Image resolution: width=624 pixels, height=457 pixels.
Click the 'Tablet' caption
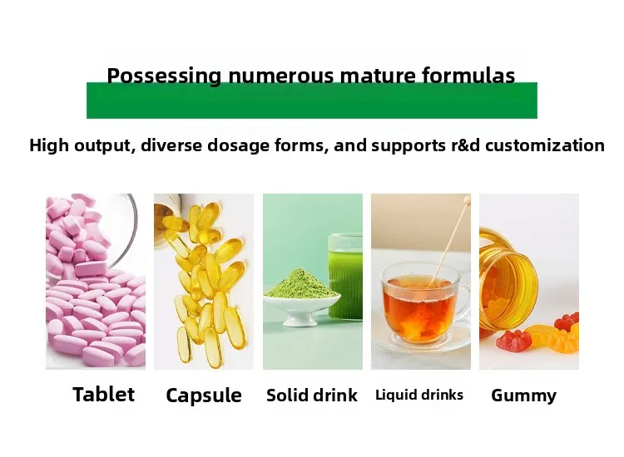[x=103, y=394]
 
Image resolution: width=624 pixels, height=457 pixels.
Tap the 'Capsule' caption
[x=204, y=396]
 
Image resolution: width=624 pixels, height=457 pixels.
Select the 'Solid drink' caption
[x=312, y=395]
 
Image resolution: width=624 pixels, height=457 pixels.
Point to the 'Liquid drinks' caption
[x=419, y=395]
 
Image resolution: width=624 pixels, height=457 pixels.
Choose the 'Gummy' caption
[x=523, y=396]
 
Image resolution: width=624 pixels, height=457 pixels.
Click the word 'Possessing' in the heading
[x=164, y=76]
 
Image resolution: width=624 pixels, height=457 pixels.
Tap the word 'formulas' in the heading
[x=468, y=75]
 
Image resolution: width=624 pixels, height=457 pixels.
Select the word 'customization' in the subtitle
[x=545, y=145]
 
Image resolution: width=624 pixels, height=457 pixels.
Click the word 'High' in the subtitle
[x=49, y=146]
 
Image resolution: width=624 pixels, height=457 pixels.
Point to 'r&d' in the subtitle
[x=466, y=145]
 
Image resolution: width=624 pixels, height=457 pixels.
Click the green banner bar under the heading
[x=312, y=101]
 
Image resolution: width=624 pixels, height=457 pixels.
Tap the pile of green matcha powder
[x=302, y=284]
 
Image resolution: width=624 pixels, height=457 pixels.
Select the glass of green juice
[x=345, y=276]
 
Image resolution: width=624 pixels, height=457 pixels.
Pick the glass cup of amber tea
[x=422, y=304]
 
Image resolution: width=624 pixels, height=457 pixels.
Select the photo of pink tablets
[x=96, y=282]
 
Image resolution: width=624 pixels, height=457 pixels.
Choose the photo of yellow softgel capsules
[x=204, y=282]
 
